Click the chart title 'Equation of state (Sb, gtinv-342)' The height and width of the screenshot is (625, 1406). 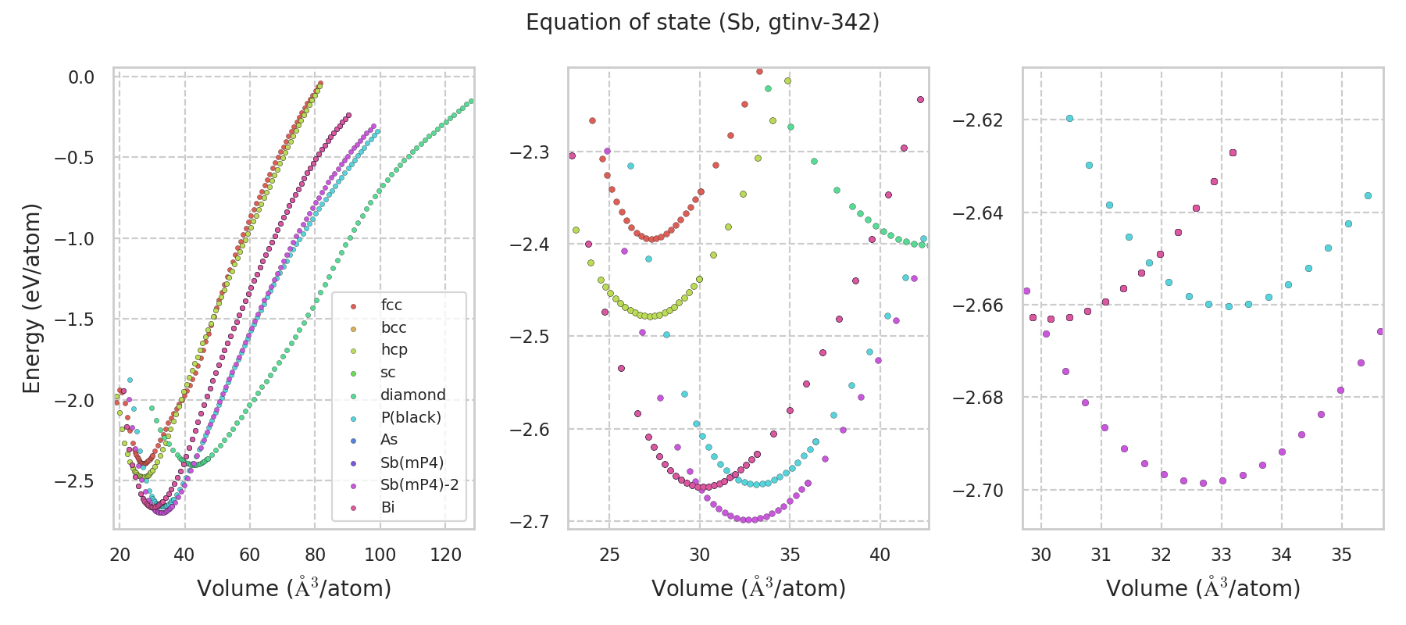702,23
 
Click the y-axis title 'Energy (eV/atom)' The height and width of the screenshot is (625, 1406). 31,298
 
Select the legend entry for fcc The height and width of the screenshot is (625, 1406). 391,305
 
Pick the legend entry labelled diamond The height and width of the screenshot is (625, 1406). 412,395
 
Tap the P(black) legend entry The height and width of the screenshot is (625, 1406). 410,417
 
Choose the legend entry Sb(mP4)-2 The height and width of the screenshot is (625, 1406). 419,484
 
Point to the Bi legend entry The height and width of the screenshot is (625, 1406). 387,507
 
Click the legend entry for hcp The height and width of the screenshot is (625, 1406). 394,349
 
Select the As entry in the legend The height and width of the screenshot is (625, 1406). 389,439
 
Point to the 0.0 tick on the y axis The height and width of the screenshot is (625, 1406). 81,77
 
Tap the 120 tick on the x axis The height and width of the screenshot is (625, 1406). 445,555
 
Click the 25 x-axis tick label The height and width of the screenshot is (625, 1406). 609,555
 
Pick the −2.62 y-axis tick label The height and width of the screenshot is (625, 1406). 977,120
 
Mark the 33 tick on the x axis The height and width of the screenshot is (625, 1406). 1221,555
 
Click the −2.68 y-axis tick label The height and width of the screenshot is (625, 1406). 977,398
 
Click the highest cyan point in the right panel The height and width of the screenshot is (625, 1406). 1069,119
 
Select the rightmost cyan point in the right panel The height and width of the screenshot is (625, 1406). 1368,196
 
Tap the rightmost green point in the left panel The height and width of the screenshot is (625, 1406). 471,101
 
